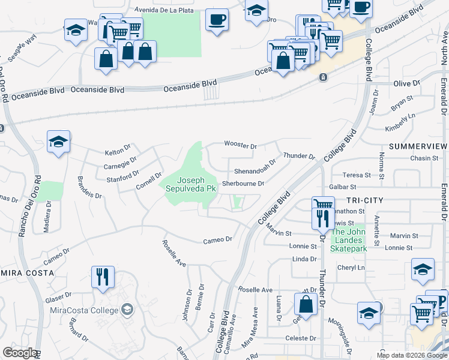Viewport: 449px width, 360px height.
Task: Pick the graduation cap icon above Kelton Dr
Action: point(58,142)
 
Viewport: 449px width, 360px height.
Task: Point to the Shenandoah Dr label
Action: point(255,161)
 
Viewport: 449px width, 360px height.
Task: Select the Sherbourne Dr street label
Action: point(243,184)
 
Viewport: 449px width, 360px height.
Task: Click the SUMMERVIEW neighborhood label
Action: point(418,146)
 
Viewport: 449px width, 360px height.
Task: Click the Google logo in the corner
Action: point(20,353)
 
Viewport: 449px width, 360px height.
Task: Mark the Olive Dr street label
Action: point(406,83)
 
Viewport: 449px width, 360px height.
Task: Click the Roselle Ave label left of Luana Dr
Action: point(255,290)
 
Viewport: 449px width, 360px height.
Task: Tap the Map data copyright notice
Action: point(412,355)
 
